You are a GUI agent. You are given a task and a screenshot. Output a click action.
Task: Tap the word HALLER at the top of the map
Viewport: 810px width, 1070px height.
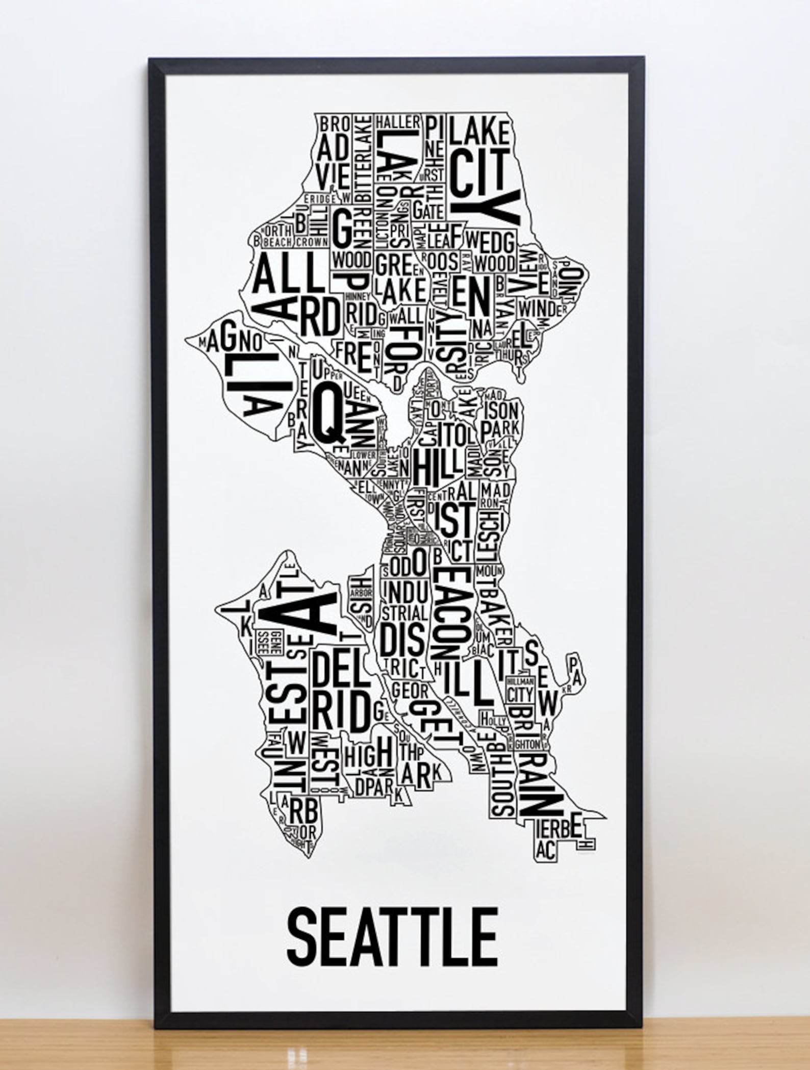tap(398, 122)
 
